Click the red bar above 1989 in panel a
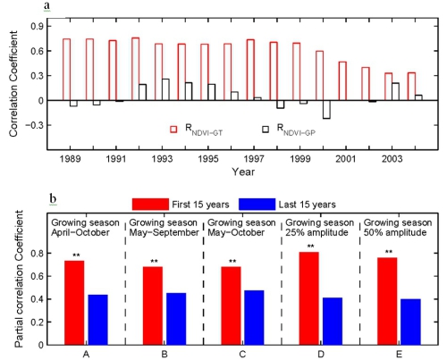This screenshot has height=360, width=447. (66, 70)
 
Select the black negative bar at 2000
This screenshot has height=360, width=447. (326, 110)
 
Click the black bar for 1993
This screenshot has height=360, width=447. (165, 89)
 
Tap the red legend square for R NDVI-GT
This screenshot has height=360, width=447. (173, 130)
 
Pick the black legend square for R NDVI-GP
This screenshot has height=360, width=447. (266, 130)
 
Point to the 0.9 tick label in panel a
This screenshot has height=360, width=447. (37, 27)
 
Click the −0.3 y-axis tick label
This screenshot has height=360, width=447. (34, 125)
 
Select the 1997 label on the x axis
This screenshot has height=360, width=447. (254, 159)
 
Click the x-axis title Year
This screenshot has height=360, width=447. (243, 172)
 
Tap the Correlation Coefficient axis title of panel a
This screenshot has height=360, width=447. (13, 84)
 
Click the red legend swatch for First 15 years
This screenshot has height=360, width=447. (150, 205)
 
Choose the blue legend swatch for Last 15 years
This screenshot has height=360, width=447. (257, 205)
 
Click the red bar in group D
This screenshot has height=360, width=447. (309, 298)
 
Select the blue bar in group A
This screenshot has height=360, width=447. (98, 320)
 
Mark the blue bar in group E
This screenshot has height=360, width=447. (410, 322)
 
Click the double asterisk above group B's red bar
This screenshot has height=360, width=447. (154, 262)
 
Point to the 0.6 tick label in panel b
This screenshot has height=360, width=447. (37, 276)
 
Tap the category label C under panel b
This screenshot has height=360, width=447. (242, 355)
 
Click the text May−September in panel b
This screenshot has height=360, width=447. (164, 232)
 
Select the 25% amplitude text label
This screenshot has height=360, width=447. (317, 232)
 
